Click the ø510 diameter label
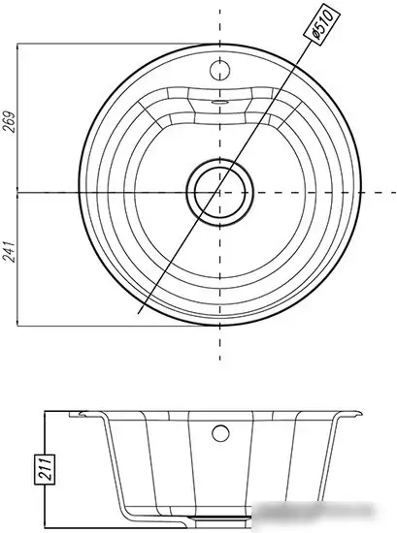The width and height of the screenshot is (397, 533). [321, 21]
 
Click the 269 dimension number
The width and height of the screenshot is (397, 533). [9, 122]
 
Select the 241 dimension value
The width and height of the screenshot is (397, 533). [9, 252]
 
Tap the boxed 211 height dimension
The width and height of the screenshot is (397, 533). [45, 468]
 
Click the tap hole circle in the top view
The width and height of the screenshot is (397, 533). [219, 71]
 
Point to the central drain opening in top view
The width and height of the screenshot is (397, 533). [219, 193]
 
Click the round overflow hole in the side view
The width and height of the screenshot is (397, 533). [220, 433]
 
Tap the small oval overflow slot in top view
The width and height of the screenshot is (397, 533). [219, 102]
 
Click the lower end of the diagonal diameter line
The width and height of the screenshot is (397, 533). [138, 313]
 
